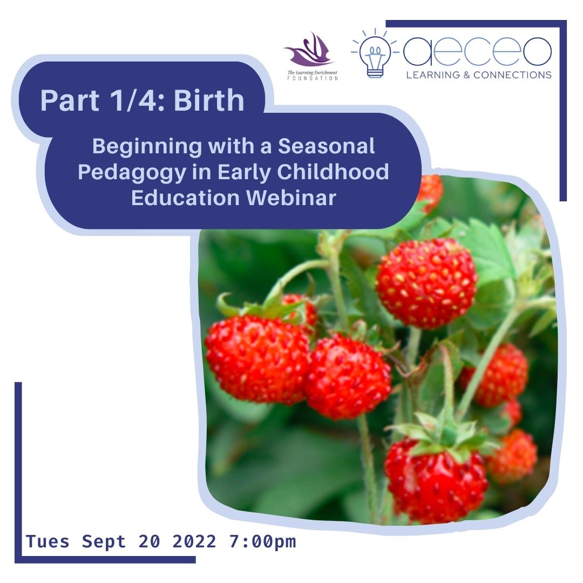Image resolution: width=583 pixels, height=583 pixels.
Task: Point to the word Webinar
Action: [x=292, y=198]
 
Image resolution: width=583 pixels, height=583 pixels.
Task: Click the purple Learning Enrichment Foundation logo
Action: [x=309, y=54]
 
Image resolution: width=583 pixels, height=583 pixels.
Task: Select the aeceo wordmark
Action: [x=477, y=52]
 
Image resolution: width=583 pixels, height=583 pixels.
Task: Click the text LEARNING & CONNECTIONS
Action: [x=478, y=74]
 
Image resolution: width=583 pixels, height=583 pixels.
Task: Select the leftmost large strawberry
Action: [x=256, y=359]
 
